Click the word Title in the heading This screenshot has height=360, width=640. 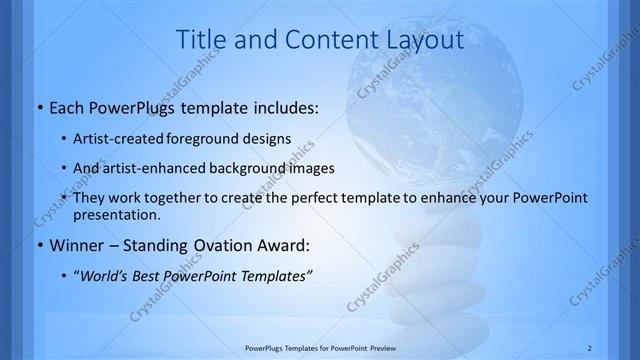click(199, 40)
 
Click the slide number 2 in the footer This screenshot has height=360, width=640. click(590, 347)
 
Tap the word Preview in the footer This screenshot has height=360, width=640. click(391, 347)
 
